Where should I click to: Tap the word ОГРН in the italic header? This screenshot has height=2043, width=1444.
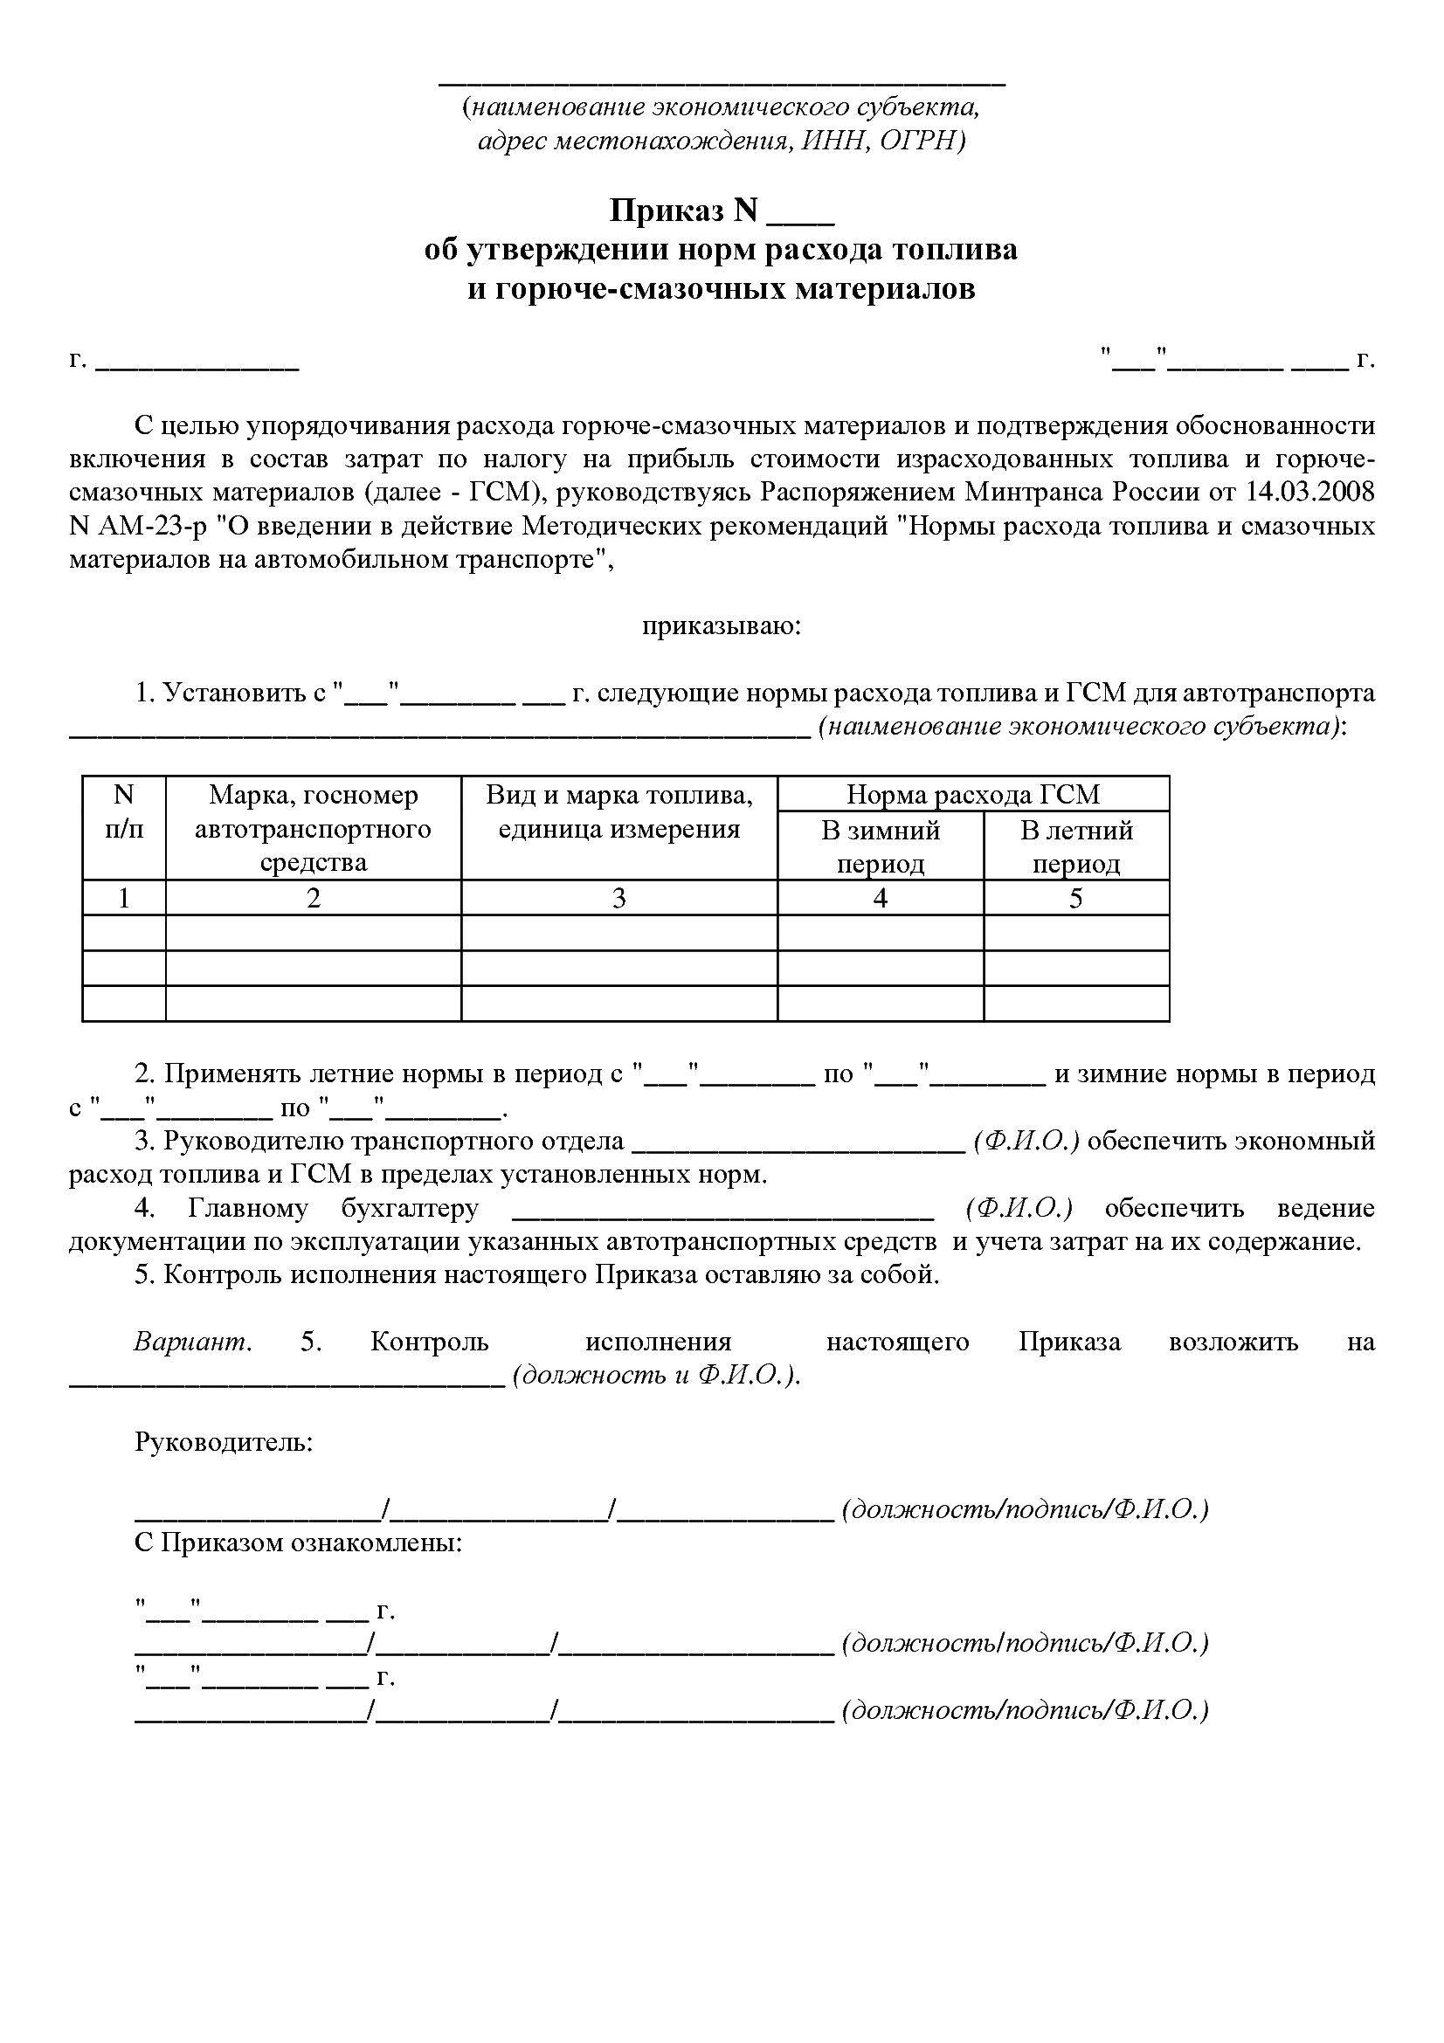(x=917, y=141)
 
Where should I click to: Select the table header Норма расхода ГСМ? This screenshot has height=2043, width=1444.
(x=972, y=794)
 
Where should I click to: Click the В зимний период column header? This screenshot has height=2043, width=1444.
(x=880, y=846)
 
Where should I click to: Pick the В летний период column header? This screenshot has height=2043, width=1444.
(x=1075, y=846)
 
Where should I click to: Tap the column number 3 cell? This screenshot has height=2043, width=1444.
(x=618, y=899)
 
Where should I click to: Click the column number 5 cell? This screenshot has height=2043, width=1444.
(x=1075, y=899)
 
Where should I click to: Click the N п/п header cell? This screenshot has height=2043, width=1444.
(x=124, y=811)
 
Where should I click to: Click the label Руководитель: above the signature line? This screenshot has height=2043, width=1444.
(x=224, y=1441)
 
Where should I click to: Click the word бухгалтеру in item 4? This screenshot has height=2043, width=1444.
(x=410, y=1207)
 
